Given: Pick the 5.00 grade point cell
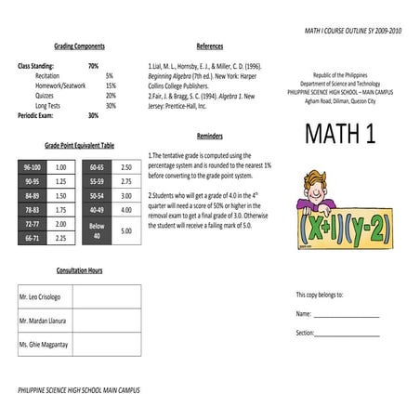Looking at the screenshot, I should coord(125,230).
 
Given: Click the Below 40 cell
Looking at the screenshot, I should coord(98,230).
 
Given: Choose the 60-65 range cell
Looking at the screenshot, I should coord(98,166).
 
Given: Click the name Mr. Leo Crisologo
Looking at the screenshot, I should coord(43,296).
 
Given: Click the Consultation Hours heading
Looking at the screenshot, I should coord(79,269).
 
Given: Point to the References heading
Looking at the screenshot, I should coord(209,46).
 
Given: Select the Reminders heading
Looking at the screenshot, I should coord(209,135).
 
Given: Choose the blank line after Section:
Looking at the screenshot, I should coord(348,333).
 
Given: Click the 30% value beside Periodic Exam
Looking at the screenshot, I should coord(93,115).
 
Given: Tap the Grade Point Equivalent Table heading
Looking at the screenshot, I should coord(79,146).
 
